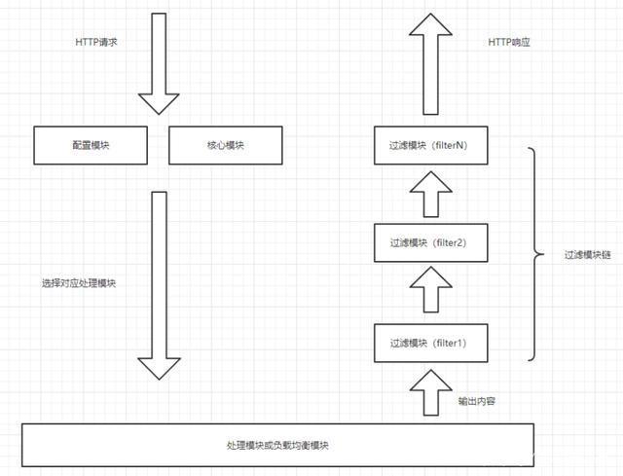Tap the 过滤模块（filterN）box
tap(429, 145)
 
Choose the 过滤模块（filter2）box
tap(429, 242)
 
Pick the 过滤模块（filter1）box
tap(429, 342)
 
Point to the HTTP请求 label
tap(96, 42)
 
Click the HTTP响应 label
tap(509, 42)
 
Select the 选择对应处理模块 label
tap(80, 283)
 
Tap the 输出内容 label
tap(476, 400)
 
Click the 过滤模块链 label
tap(586, 255)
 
